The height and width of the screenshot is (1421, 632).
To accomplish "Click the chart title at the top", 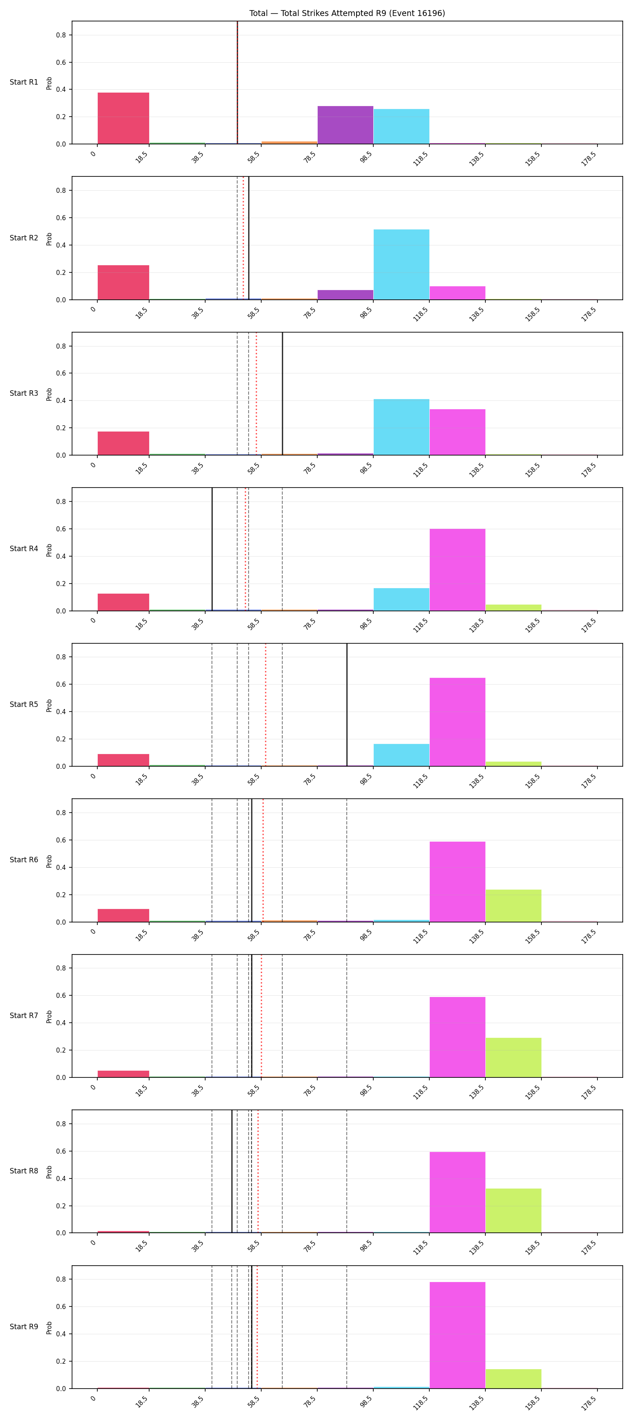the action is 347,13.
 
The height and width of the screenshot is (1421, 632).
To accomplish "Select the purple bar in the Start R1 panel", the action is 345,125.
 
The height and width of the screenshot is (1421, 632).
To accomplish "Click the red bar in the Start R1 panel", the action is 123,118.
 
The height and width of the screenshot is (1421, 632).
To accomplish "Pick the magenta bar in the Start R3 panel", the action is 457,432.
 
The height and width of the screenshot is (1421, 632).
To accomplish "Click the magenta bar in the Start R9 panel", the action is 457,1335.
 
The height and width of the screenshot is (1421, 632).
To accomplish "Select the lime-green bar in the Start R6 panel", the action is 513,906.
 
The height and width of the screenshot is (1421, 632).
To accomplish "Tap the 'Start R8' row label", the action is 24,1170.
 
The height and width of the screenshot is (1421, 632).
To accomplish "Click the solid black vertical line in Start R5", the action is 347,704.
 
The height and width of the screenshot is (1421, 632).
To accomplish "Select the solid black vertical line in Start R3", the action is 283,393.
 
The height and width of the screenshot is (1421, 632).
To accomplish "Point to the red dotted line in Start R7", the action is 261,1016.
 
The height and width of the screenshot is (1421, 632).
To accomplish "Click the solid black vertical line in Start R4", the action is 212,549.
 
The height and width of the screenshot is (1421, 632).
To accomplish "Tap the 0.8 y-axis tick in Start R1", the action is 61,35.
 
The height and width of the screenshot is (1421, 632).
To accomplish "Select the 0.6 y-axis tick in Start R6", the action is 61,840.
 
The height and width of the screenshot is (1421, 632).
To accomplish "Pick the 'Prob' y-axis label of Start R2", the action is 49,238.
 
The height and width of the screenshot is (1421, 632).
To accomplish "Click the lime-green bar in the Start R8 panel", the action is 513,1211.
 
